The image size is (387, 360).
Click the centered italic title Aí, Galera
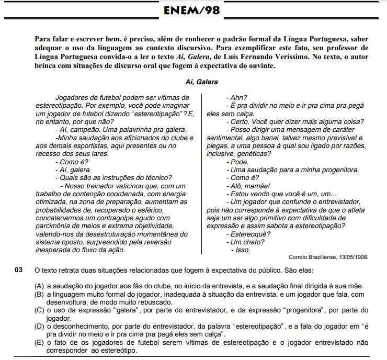pos(201,82)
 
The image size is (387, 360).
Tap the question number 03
pos(19,270)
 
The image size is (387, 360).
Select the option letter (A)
pos(39,286)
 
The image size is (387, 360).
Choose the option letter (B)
pos(39,295)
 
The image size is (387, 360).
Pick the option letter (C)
pos(39,310)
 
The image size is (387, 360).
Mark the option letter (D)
pos(39,326)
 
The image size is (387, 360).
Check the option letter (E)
pos(39,342)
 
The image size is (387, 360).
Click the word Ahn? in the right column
pos(238,98)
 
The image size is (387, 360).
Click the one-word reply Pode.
pos(239,162)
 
